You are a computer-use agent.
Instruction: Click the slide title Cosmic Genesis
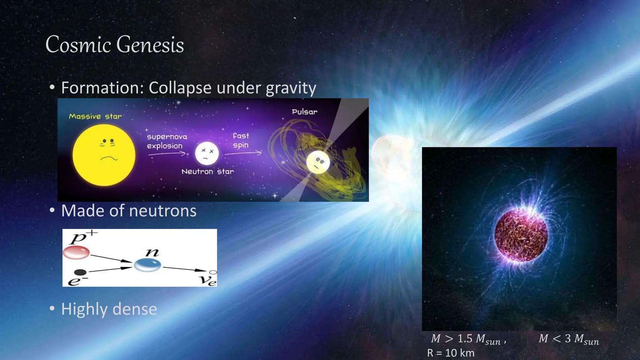(115, 44)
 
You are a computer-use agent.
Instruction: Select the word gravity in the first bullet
(291, 88)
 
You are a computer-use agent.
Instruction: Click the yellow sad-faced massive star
(104, 155)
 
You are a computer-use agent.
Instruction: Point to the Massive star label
(95, 117)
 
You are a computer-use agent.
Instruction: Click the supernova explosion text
(167, 141)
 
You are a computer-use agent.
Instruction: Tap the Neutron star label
(207, 172)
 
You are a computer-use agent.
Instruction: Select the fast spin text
(241, 140)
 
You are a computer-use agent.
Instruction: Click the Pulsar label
(304, 112)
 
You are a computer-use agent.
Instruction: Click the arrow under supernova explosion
(167, 154)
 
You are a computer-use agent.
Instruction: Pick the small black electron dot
(81, 272)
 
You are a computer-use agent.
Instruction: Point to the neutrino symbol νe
(209, 279)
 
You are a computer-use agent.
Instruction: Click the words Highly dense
(109, 309)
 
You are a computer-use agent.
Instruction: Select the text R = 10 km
(451, 353)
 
